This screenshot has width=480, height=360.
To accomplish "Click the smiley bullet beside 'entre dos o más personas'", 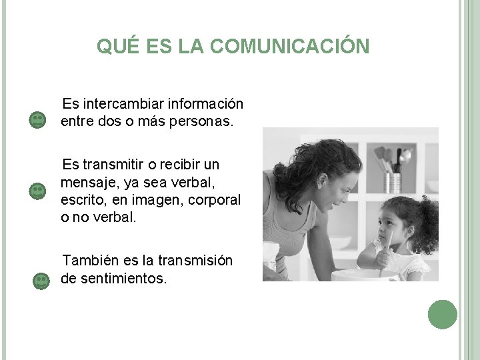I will [38, 121].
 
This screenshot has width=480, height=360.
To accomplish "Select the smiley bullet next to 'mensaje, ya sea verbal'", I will [38, 191].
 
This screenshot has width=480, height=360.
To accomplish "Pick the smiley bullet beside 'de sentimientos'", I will [41, 281].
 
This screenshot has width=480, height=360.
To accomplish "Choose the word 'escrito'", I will [81, 200].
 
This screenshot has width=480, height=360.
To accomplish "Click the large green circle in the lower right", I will [443, 315].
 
